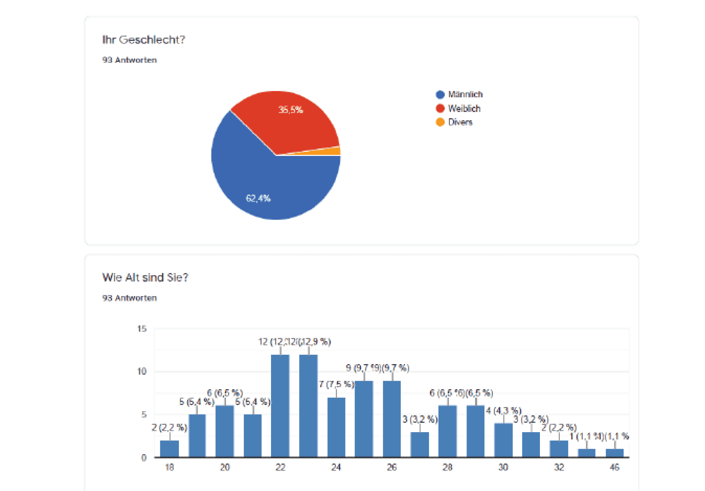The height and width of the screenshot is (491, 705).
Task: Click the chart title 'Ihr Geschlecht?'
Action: [143, 40]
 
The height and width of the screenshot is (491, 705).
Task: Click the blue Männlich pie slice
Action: [271, 183]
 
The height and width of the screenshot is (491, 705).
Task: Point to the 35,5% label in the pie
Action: [291, 110]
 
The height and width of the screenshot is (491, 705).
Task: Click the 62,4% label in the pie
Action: [258, 198]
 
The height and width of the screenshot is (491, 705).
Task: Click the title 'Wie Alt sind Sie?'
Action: [145, 278]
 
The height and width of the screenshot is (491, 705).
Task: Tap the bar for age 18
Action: [169, 449]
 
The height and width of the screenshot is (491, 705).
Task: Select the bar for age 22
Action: [280, 406]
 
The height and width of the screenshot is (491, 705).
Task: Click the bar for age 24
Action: [336, 427]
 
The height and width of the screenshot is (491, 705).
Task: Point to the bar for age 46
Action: [614, 453]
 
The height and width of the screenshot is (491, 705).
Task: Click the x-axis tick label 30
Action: [503, 467]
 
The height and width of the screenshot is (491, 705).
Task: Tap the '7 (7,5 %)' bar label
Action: [336, 384]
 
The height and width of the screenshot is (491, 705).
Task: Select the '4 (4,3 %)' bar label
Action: [503, 411]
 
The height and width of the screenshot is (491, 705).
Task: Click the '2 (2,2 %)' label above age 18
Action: [169, 428]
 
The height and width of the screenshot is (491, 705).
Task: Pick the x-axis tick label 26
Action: [392, 467]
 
